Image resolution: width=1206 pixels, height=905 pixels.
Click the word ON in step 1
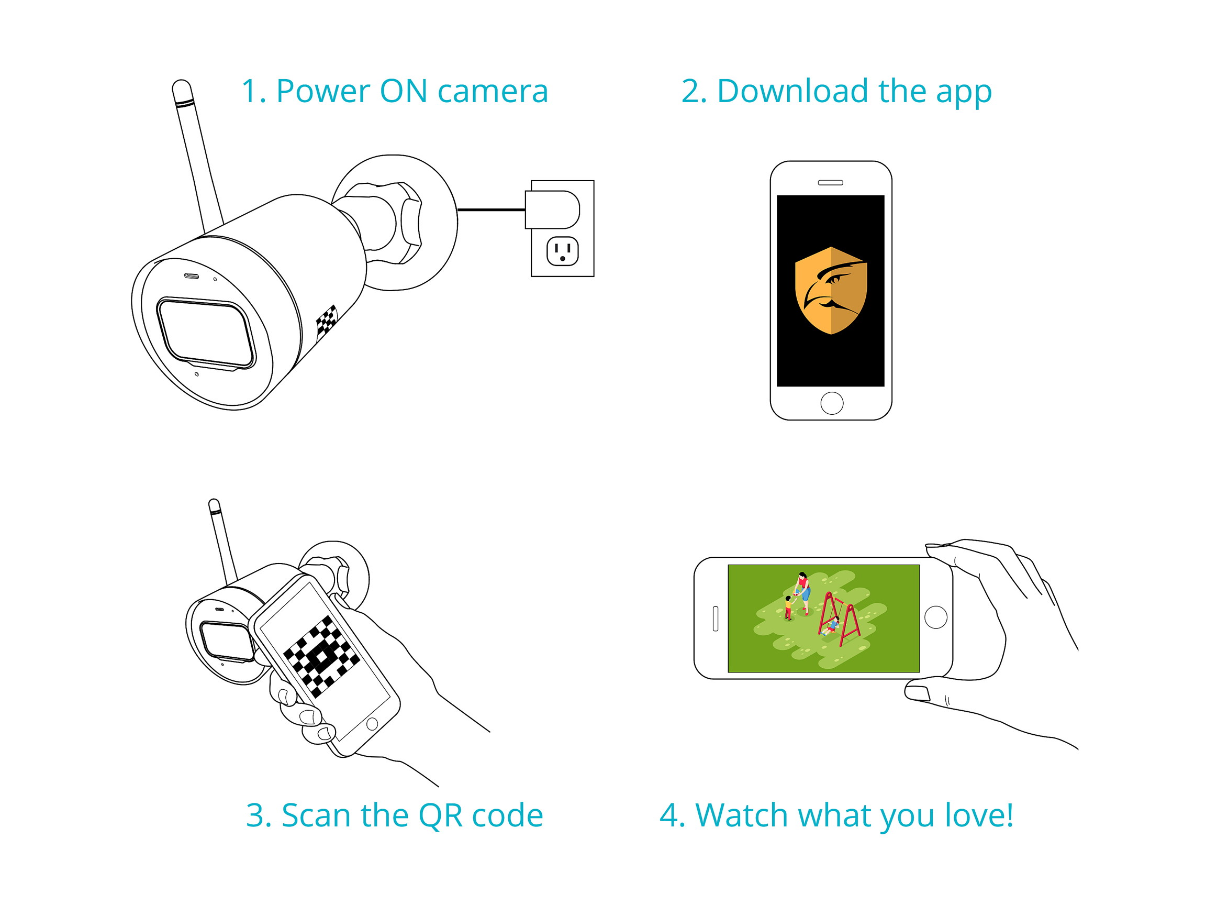(403, 91)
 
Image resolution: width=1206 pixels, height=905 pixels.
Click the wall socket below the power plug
(562, 251)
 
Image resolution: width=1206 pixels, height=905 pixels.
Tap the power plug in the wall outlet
(552, 209)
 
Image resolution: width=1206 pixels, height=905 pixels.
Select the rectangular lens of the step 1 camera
(206, 332)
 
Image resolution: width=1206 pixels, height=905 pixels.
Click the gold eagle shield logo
(830, 290)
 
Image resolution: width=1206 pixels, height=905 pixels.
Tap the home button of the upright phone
(831, 403)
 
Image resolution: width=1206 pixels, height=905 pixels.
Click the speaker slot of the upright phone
(830, 183)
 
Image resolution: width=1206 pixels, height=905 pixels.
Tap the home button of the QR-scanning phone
(372, 724)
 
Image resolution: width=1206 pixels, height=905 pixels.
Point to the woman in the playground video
(803, 592)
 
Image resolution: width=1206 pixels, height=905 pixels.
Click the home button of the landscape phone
(935, 617)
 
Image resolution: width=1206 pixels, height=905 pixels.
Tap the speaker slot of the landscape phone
(716, 619)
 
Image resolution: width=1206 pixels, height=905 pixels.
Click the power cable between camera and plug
(490, 209)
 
